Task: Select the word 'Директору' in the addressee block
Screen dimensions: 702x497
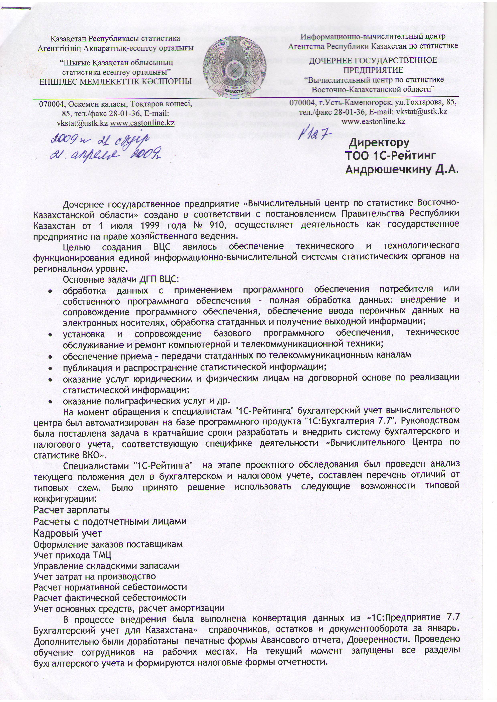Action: [x=379, y=143]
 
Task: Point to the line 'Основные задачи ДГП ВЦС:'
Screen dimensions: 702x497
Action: [x=121, y=279]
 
